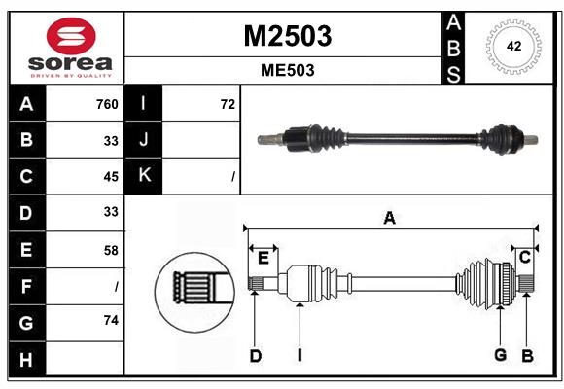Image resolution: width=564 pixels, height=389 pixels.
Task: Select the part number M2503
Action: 287,36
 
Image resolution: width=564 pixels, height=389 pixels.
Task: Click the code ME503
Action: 287,71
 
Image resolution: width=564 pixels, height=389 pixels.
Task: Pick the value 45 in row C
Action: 110,176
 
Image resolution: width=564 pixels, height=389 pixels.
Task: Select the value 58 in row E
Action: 110,250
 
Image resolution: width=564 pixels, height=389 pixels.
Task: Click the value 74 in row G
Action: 110,320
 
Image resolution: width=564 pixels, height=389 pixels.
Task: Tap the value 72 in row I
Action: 228,104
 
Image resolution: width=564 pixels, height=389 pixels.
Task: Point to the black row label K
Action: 144,176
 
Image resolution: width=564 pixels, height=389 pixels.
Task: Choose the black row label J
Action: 144,140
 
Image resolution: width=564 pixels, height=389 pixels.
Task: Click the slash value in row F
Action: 116,286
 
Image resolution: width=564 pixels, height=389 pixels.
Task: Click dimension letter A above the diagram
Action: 389,218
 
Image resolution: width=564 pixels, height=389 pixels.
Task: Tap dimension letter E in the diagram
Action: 263,257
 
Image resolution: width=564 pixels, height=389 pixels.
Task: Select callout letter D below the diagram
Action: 255,356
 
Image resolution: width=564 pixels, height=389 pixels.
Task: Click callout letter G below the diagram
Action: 500,355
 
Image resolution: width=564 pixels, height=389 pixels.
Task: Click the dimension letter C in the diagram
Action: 524,257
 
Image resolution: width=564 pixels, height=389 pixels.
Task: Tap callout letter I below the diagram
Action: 300,356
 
